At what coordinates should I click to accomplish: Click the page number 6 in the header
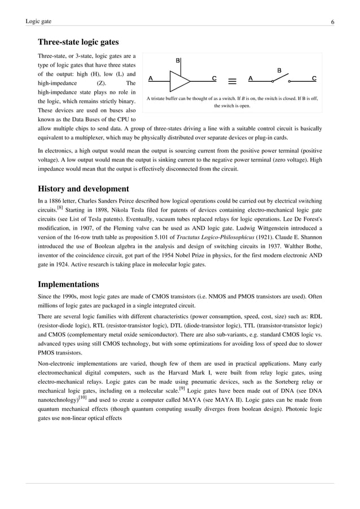(x=332, y=21)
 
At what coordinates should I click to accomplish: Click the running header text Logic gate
(x=38, y=21)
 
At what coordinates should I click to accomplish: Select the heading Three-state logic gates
(x=78, y=42)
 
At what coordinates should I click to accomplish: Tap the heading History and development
(x=83, y=188)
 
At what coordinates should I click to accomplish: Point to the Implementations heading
(x=68, y=284)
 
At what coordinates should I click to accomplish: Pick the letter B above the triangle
(x=178, y=60)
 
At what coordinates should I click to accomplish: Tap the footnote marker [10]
(x=82, y=381)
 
